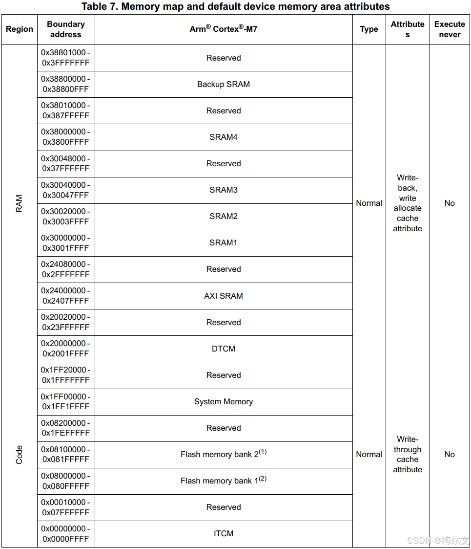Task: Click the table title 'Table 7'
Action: coord(235,6)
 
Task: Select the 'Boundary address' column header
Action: coord(65,29)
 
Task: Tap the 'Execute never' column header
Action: coord(450,29)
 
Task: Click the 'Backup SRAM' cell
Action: coord(223,84)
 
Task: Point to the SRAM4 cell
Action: coord(223,137)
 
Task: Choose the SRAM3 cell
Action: coord(223,190)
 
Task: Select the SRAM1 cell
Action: coord(223,242)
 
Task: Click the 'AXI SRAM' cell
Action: coord(223,296)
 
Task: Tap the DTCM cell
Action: coord(223,349)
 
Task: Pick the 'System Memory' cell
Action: coord(223,401)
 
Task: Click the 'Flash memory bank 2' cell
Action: coord(223,454)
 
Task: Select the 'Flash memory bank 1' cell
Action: coord(223,481)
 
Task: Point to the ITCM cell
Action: coord(223,533)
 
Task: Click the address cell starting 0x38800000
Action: coord(65,84)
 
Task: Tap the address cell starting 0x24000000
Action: coord(65,296)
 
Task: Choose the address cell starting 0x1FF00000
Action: coord(65,401)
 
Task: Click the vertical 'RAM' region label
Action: coord(19,203)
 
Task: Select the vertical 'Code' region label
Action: coord(19,454)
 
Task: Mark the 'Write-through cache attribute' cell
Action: coord(408,454)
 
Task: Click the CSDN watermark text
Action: coord(437,540)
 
